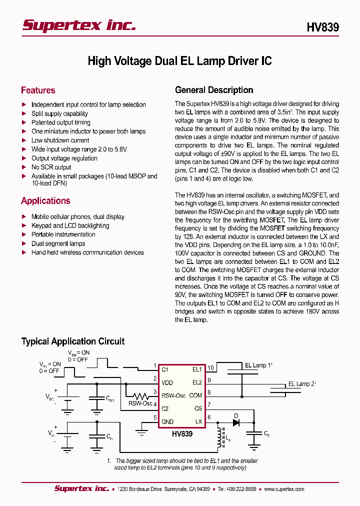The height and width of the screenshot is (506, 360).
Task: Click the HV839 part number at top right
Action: click(322, 27)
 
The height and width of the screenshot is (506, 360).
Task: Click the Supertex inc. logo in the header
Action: click(78, 26)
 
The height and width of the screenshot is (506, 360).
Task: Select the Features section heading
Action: click(38, 90)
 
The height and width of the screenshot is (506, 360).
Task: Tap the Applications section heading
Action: click(45, 201)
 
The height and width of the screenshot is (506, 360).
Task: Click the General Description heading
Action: click(214, 90)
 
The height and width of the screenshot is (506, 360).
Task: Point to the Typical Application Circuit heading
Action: click(73, 341)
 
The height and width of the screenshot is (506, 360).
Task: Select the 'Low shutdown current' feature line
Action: click(60, 140)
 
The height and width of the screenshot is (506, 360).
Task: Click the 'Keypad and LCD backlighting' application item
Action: click(70, 226)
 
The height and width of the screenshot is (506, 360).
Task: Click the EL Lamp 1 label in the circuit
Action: click(258, 365)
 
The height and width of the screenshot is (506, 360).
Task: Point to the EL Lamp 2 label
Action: click(302, 384)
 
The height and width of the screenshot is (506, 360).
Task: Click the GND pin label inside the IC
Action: click(167, 421)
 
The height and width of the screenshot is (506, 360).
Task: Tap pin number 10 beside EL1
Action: click(210, 368)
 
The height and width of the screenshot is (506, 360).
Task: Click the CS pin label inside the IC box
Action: click(198, 408)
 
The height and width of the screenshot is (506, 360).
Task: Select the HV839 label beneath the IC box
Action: click(182, 434)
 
